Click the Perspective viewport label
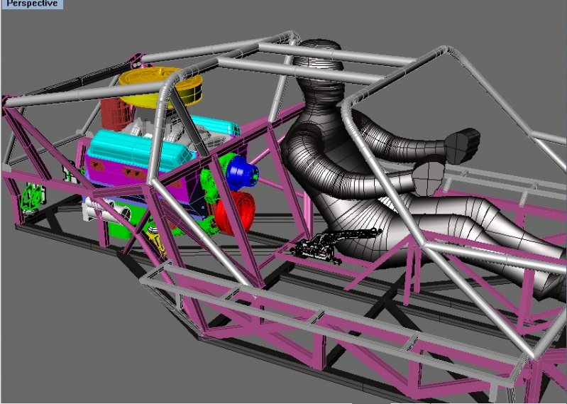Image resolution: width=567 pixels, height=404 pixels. pos(32,4)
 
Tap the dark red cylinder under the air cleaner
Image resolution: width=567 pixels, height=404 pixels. pos(117,113)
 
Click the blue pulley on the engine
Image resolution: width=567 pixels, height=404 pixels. pos(241,173)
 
